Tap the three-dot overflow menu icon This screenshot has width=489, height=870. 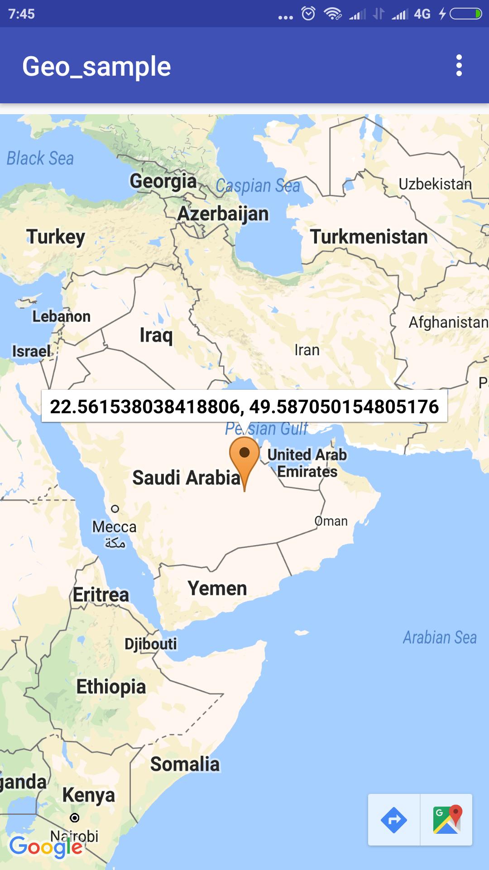click(459, 66)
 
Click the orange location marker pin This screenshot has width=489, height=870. click(244, 458)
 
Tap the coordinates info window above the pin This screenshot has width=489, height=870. click(244, 406)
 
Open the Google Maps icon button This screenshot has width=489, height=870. click(446, 820)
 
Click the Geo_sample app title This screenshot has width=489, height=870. click(96, 67)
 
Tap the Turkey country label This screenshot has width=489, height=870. click(56, 237)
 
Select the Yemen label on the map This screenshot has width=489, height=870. click(217, 589)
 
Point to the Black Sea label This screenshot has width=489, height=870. click(40, 159)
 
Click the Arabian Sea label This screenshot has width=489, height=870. click(440, 638)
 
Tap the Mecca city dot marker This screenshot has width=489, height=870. click(115, 509)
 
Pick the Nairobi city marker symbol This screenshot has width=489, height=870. click(75, 818)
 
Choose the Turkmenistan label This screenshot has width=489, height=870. click(369, 237)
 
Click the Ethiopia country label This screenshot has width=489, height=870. click(111, 687)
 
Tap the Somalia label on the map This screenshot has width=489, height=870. click(185, 764)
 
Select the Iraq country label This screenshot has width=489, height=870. click(156, 335)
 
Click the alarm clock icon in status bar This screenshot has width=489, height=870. click(308, 14)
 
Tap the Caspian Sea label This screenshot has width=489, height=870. click(258, 186)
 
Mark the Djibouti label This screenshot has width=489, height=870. click(151, 644)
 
